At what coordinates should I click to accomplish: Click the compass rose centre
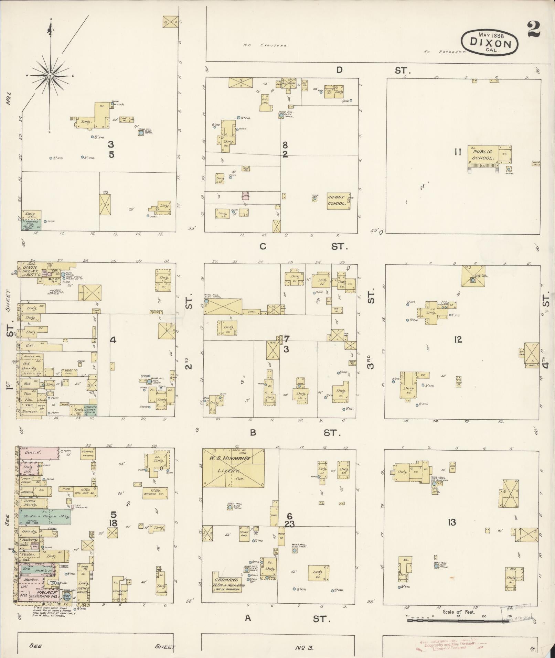pos(50,75)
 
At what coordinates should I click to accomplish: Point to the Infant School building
pos(338,201)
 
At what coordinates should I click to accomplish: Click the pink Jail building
pos(245,195)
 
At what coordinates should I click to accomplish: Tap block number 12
pos(458,340)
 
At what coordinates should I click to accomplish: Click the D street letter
pos(339,70)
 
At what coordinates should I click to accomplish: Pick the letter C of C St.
pos(263,246)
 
